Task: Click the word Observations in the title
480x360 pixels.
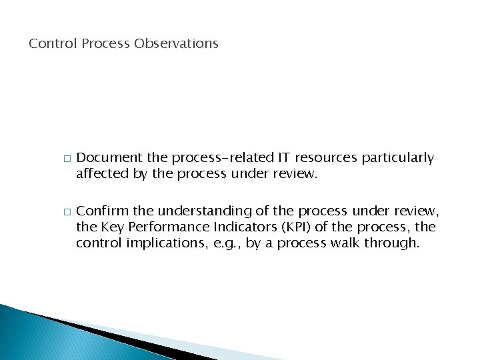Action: tap(176, 44)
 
